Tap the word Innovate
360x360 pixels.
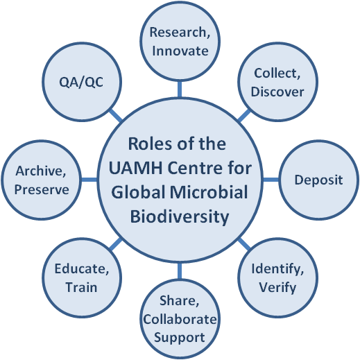(x=180, y=51)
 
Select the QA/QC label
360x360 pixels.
(x=81, y=83)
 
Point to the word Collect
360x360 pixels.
(x=275, y=73)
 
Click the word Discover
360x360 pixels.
(x=277, y=92)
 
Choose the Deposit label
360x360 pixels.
(x=318, y=180)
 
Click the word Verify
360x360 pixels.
(x=277, y=288)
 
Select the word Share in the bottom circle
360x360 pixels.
(x=178, y=300)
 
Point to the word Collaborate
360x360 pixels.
(x=180, y=319)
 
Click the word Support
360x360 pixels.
(x=180, y=338)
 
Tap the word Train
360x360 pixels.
(x=81, y=287)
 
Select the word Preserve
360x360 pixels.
(x=42, y=189)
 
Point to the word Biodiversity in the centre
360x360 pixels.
(x=180, y=217)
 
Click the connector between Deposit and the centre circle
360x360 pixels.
(x=271, y=180)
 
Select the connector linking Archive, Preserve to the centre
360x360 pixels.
(x=89, y=180)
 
